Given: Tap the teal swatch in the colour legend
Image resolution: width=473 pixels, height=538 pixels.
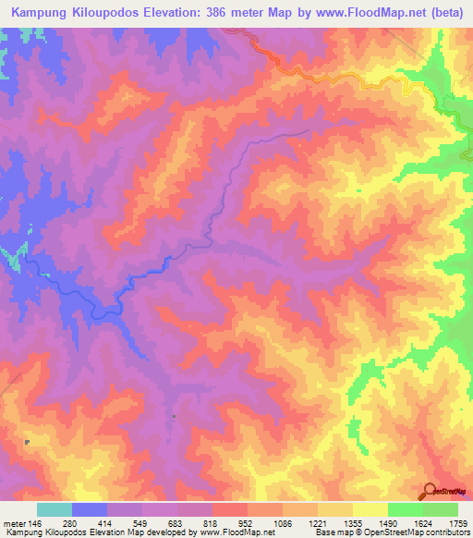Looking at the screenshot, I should pos(55,509).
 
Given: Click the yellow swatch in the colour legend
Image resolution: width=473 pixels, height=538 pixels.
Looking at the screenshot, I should pos(370,509).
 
